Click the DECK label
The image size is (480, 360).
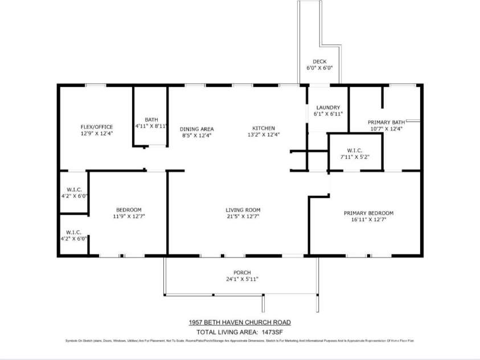[319, 62]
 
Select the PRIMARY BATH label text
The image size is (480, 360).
[386, 122]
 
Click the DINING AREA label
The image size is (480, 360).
[197, 129]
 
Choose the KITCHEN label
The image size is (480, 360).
[264, 128]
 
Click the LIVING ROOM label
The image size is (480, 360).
[243, 210]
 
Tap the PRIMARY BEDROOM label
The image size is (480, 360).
[368, 213]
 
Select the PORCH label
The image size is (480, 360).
[243, 272]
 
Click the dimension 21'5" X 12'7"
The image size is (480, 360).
[243, 216]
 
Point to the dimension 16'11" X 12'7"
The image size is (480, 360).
[368, 220]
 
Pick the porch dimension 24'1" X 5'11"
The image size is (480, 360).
[243, 279]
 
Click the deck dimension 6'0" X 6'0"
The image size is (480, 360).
[319, 68]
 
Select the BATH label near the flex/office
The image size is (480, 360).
[151, 119]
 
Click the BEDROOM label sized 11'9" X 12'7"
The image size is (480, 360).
[129, 209]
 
